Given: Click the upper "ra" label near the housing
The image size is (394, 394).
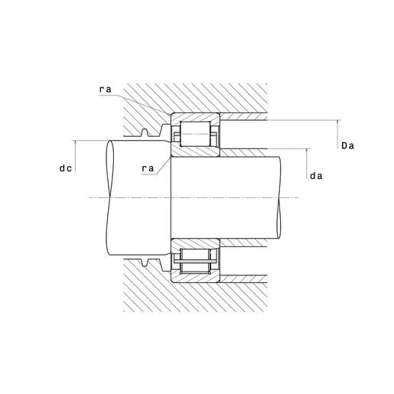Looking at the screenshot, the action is click(x=106, y=90).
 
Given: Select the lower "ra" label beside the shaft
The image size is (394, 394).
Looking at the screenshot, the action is click(x=148, y=168).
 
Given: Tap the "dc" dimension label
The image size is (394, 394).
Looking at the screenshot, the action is click(x=66, y=168).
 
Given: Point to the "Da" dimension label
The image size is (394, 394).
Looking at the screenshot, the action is click(x=347, y=146).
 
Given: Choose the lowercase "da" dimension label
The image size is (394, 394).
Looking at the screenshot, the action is click(x=316, y=176).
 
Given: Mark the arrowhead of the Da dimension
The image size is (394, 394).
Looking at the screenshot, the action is click(x=337, y=122).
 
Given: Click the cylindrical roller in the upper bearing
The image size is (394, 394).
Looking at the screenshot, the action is click(x=195, y=134).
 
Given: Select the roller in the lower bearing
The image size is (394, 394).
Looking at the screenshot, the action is click(x=195, y=261).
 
